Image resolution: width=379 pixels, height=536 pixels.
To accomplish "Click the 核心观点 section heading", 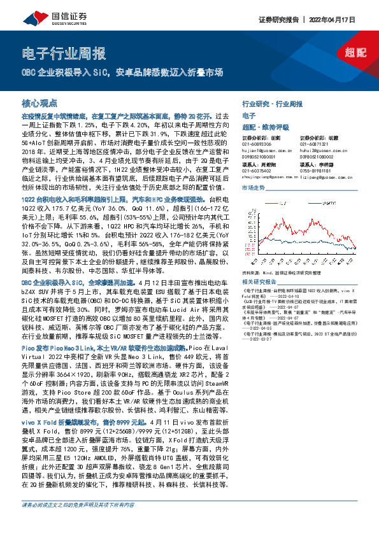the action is (x=39, y=102).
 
